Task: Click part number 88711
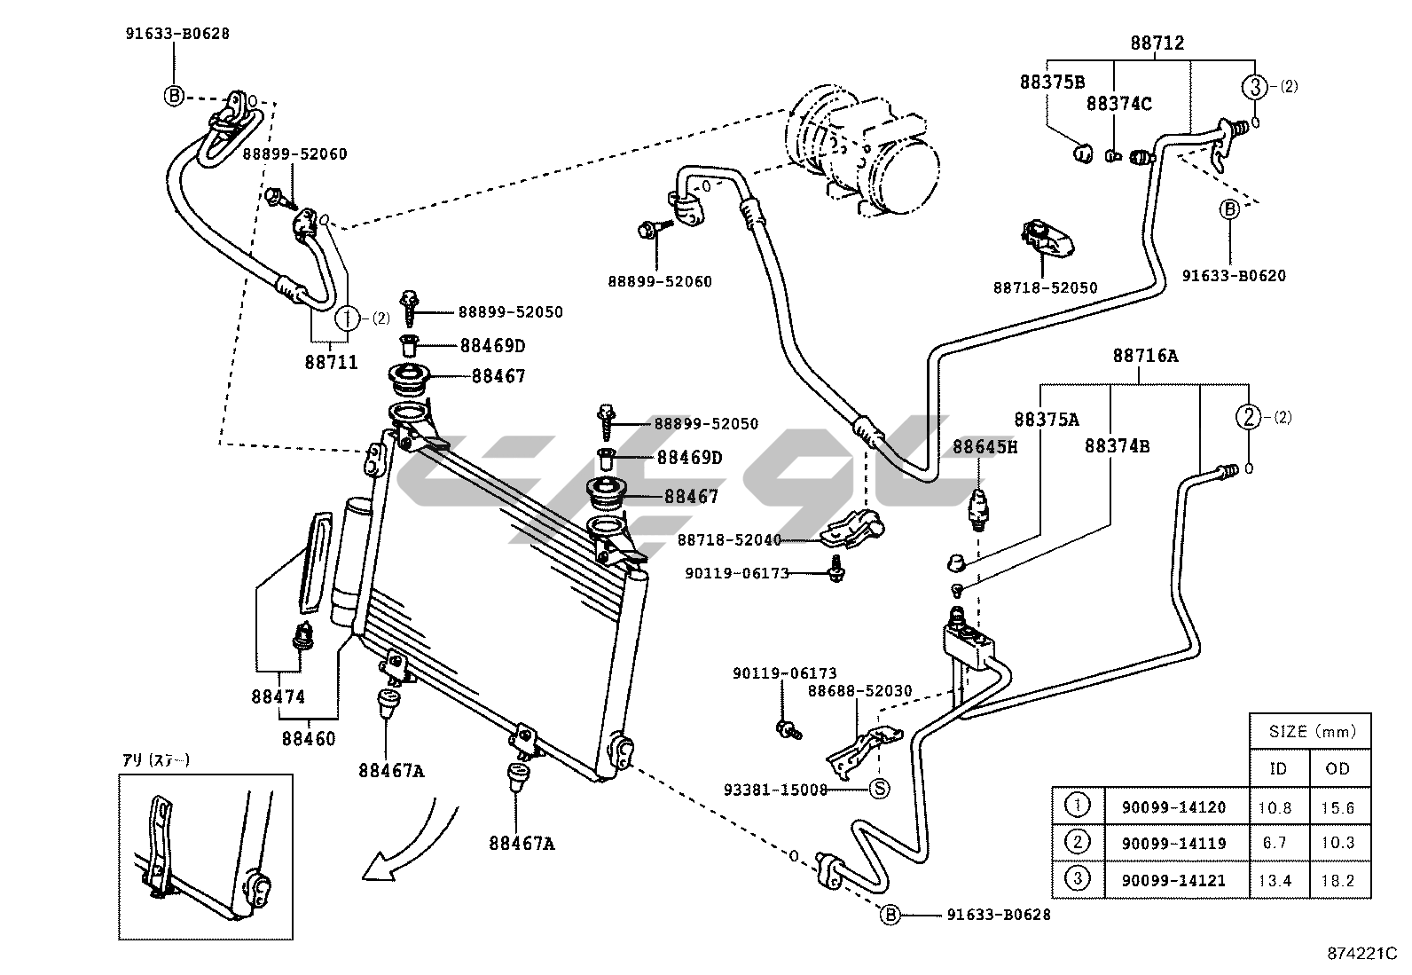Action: [x=331, y=362]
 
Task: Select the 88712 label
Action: [x=1157, y=43]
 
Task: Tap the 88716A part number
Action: [x=1145, y=356]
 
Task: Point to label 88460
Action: [x=309, y=737]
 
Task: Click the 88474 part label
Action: [x=278, y=696]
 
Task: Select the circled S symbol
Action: [x=879, y=788]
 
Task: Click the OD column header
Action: [x=1337, y=768]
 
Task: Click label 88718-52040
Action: [x=729, y=539]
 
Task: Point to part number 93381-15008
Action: [x=775, y=788]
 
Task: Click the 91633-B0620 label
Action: [x=1234, y=276]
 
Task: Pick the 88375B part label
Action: [x=1052, y=83]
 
